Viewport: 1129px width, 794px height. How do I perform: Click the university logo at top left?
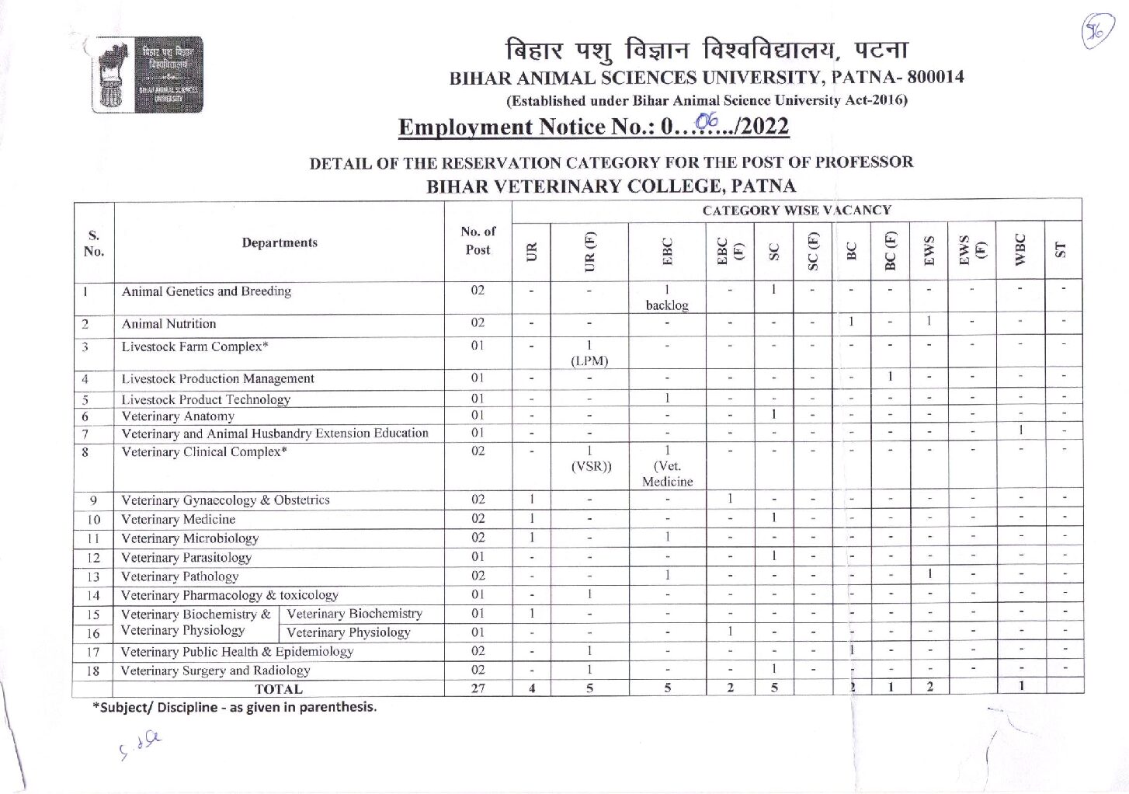coord(147,75)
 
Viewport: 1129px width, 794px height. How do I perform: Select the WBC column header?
coord(1020,250)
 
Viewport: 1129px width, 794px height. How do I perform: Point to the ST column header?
coord(1061,250)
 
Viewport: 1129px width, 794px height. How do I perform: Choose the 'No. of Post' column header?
coord(478,241)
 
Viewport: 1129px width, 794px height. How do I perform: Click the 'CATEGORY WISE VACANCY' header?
coord(796,211)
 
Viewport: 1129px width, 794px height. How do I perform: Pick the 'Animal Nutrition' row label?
coord(168,324)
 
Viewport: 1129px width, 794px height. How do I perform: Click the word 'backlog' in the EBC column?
coord(666,305)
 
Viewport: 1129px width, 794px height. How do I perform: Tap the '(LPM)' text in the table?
coord(589,360)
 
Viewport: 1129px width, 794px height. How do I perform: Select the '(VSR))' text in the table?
coord(591,466)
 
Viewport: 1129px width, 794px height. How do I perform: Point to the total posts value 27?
coord(478,688)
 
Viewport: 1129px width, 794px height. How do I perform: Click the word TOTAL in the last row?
coord(278,689)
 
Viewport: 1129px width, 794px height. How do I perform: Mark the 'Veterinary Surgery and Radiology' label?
coord(215,670)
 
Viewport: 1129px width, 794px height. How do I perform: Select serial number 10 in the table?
coord(93,520)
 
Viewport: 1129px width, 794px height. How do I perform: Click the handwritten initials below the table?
coord(141,745)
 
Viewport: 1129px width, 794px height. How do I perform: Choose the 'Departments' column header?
coord(280,243)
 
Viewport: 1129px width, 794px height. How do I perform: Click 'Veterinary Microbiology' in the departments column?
coord(189,538)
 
